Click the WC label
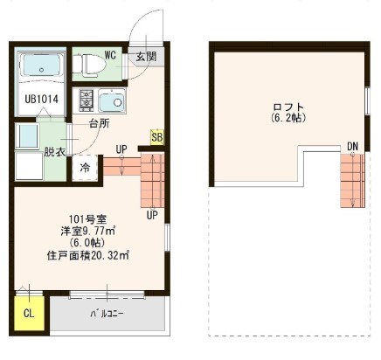(111, 54)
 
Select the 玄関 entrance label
(145, 58)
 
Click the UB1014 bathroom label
(41, 100)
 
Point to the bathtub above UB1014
(40, 66)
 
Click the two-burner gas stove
(87, 100)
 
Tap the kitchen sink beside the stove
(112, 100)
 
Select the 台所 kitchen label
(99, 123)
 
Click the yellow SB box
(156, 136)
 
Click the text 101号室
(87, 218)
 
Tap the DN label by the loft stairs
(352, 145)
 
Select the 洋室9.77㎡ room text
(87, 231)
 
